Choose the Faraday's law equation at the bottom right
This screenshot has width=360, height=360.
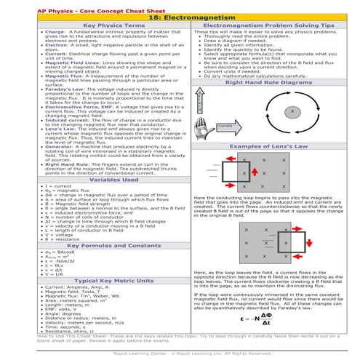pyautogui.click(x=272, y=318)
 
